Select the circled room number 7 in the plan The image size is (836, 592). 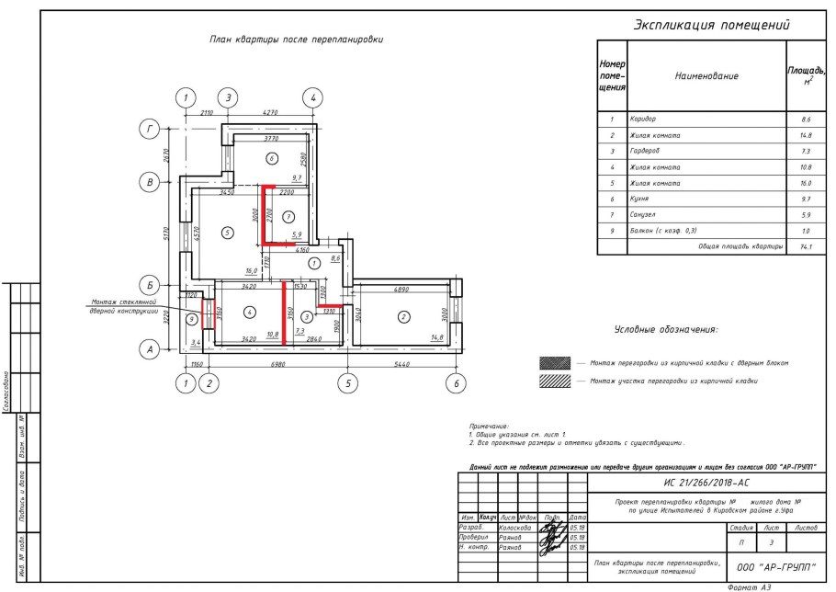[x=288, y=217]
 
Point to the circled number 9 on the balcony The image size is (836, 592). [x=191, y=319]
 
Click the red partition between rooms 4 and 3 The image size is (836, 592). [x=283, y=313]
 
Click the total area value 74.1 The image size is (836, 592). [x=805, y=247]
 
